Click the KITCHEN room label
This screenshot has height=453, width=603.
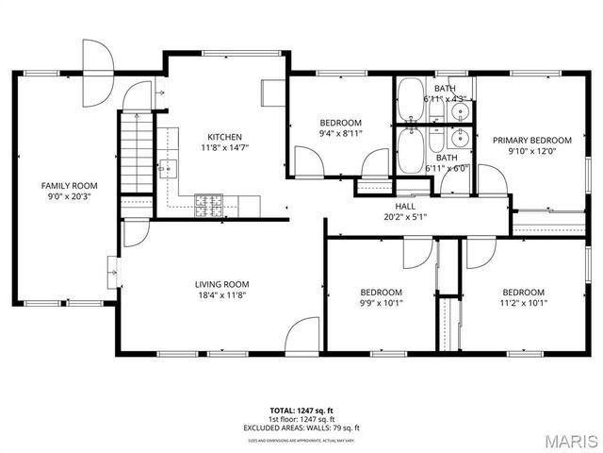[224, 137]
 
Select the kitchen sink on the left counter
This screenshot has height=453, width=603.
[168, 170]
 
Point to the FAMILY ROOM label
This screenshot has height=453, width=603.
[70, 186]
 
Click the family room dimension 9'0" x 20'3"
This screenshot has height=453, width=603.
[70, 197]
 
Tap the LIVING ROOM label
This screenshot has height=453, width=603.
[221, 284]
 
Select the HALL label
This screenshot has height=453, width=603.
[405, 206]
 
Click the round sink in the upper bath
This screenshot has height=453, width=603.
[459, 110]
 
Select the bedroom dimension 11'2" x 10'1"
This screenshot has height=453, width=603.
[523, 303]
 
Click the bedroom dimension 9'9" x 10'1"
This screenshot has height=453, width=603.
[382, 303]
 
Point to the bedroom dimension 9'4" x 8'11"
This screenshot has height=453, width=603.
[340, 134]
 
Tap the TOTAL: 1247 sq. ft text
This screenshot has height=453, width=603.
[301, 411]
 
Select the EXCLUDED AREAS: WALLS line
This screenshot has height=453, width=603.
[301, 427]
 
